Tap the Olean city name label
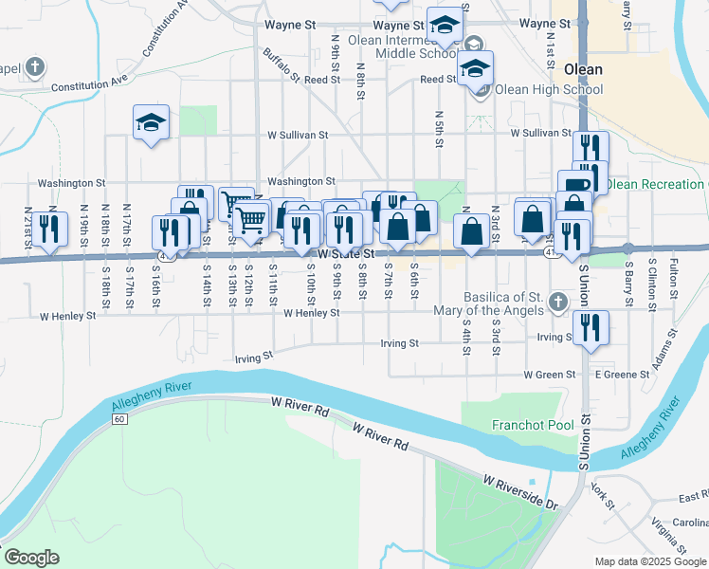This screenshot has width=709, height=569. (583, 69)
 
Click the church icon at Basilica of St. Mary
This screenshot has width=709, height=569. (558, 303)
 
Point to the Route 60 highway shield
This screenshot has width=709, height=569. (118, 418)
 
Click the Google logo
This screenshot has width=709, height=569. (31, 558)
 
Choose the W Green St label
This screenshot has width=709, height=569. (550, 375)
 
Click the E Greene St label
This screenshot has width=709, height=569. (621, 375)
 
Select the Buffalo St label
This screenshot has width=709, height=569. (282, 64)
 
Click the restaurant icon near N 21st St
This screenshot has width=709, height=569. (47, 229)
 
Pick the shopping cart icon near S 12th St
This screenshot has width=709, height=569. (250, 219)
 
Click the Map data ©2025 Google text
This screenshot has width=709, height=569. (650, 561)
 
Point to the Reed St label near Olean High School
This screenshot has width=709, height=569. (439, 80)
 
